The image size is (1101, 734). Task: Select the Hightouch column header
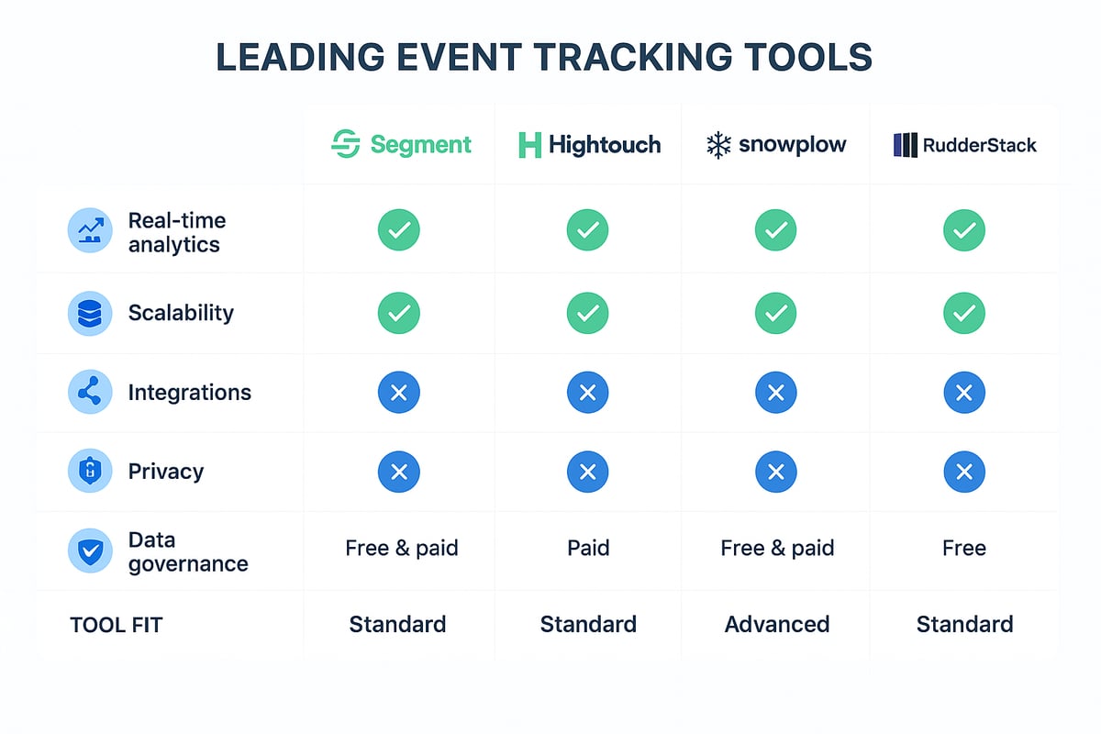tap(588, 145)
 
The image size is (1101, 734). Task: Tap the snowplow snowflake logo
tap(717, 145)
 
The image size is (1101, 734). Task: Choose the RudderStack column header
tap(964, 145)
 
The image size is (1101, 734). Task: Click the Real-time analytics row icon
tap(90, 232)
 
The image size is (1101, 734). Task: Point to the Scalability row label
tap(181, 313)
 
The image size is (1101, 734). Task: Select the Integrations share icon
tap(90, 393)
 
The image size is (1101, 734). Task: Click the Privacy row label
tap(166, 472)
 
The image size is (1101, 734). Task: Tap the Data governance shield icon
tap(90, 551)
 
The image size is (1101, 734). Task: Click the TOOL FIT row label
tap(116, 626)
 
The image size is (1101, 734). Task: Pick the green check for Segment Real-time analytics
tap(399, 230)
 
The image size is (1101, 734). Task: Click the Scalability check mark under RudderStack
tap(964, 313)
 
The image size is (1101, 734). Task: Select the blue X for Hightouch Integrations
tap(588, 393)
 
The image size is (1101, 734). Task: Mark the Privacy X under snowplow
tap(776, 473)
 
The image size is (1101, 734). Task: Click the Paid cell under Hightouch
tap(588, 549)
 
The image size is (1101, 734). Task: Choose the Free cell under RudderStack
tap(964, 549)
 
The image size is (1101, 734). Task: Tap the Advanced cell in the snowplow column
tap(777, 625)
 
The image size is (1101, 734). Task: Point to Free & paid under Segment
tap(401, 549)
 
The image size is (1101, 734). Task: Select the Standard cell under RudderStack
tap(964, 625)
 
